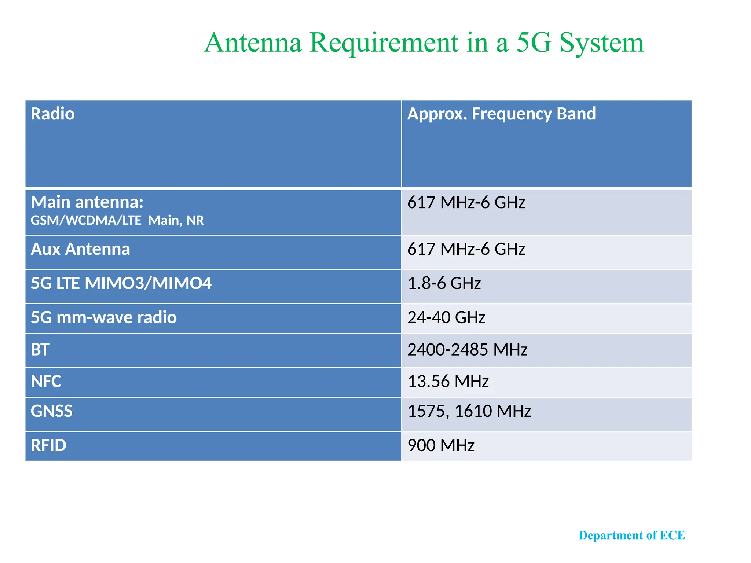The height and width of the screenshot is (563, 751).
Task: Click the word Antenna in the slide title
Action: click(253, 43)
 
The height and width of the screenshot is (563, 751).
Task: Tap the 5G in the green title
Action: click(534, 43)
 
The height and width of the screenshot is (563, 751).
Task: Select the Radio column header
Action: click(52, 114)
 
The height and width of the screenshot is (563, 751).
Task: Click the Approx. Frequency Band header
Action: click(501, 114)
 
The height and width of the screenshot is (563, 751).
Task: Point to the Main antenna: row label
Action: click(87, 202)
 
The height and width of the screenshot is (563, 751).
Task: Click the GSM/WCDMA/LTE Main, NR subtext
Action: click(117, 221)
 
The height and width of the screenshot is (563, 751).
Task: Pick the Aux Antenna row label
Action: click(80, 249)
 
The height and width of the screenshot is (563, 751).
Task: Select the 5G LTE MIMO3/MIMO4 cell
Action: click(121, 283)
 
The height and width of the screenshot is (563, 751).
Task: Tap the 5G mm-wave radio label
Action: click(103, 317)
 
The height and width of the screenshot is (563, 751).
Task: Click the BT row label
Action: click(40, 350)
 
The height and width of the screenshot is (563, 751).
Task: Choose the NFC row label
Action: click(46, 382)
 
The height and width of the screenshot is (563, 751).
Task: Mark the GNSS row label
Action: click(52, 411)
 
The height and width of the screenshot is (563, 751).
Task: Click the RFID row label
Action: click(48, 446)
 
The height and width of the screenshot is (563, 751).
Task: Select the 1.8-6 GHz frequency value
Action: click(444, 283)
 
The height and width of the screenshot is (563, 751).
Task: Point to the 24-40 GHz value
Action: click(446, 317)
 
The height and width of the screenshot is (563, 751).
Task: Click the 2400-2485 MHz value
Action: click(467, 350)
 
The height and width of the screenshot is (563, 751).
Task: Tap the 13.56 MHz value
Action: click(448, 382)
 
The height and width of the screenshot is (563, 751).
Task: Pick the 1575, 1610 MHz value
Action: click(469, 411)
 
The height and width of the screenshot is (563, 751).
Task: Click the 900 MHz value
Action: click(441, 446)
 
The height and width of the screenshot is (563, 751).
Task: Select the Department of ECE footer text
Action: click(631, 536)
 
